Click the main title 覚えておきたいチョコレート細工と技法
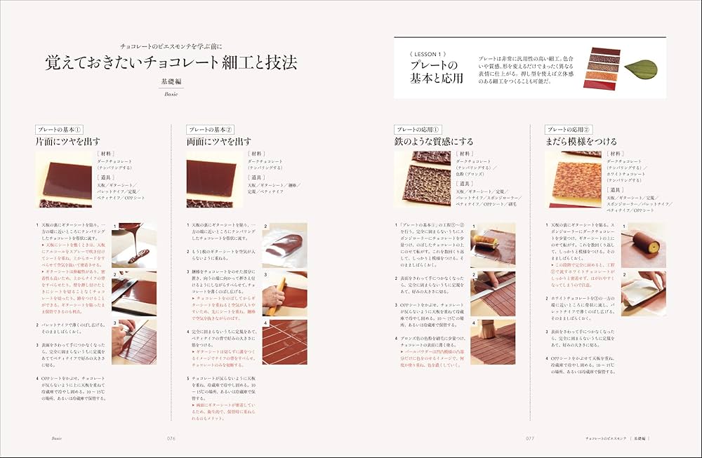pos(171,62)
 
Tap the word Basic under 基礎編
pos(171,93)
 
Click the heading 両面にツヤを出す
pos(218,142)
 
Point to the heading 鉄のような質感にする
pos(433,142)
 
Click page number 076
pos(170,438)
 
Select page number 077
pos(530,438)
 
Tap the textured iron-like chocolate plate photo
pos(422,179)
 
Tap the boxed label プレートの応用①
pos(418,130)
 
